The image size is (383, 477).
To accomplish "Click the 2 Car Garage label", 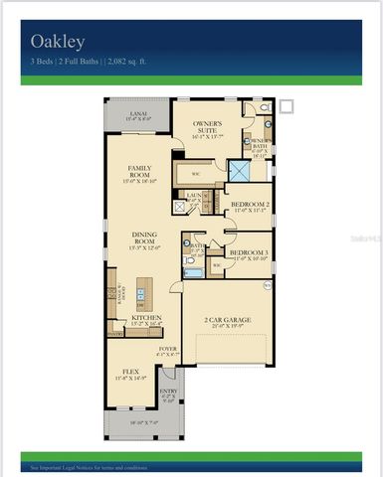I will coord(227,322).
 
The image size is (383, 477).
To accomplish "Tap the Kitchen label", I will coord(147,321).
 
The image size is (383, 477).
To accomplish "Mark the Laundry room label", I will coord(194,196).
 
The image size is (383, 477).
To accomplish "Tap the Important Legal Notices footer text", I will coord(94,465).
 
